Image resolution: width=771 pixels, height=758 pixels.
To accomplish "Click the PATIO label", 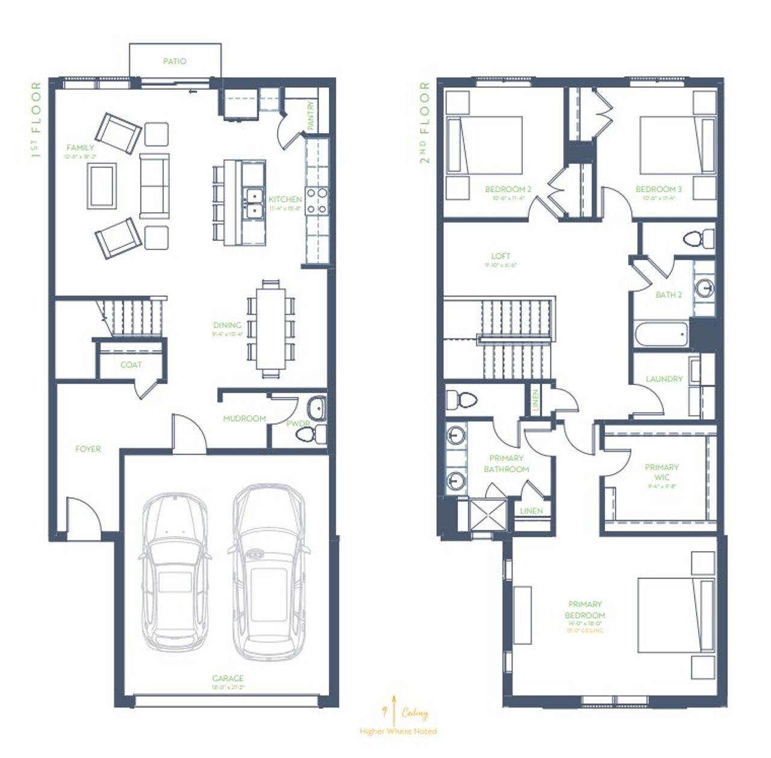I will pos(175,61).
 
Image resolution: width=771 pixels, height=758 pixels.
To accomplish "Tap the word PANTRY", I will pos(311,115).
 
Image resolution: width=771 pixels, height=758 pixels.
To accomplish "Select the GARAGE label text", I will pos(228,678).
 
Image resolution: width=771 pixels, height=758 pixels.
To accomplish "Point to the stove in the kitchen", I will pos(317,201).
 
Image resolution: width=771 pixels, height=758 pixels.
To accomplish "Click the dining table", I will pos(271,328).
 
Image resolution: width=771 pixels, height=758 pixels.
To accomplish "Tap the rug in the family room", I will pos(102,185).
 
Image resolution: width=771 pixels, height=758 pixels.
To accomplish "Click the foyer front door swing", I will pos(83,515).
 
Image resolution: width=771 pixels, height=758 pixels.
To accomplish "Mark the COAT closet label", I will pos(131,365).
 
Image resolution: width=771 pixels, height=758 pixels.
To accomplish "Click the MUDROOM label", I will pos(244,418).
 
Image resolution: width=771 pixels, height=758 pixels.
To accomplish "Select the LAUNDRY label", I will pos(664,379).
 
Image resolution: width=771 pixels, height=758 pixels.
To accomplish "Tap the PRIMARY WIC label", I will pos(661,472).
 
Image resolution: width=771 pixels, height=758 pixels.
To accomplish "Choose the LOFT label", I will pos(501,256).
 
